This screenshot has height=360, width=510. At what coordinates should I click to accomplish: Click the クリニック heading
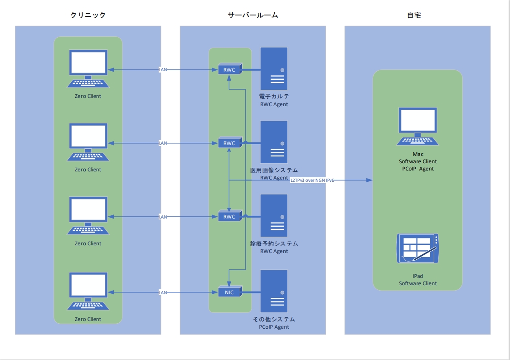pos(88,15)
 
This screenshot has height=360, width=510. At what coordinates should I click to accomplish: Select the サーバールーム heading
pos(253,15)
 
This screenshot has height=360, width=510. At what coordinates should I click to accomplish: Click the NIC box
pos(229,292)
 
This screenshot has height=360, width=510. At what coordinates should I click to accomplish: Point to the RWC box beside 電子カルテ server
pos(229,70)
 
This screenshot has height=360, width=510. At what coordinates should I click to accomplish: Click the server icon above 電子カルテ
pos(274,68)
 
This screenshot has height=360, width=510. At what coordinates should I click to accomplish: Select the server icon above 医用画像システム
pos(274,142)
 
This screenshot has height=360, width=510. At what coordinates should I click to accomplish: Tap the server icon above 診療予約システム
pos(274,215)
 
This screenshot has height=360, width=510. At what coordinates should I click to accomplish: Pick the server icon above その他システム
pos(274,291)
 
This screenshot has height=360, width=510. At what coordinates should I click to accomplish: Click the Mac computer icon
pos(418,126)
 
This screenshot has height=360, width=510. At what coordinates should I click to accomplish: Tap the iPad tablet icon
pos(418,248)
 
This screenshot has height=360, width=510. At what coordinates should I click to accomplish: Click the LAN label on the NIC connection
pos(163,293)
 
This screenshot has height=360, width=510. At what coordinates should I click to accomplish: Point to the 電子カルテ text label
pos(274,97)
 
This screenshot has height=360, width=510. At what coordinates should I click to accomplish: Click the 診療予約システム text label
pos(274,244)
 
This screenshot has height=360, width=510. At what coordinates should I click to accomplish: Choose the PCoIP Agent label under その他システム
pos(274,327)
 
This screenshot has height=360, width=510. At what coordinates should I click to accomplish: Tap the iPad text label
pos(418,276)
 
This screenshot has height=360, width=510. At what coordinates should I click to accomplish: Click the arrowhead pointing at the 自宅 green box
pos(369,180)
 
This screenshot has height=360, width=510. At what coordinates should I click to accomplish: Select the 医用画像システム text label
pos(274,170)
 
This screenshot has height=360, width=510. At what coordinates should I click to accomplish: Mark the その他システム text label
pos(274,319)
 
